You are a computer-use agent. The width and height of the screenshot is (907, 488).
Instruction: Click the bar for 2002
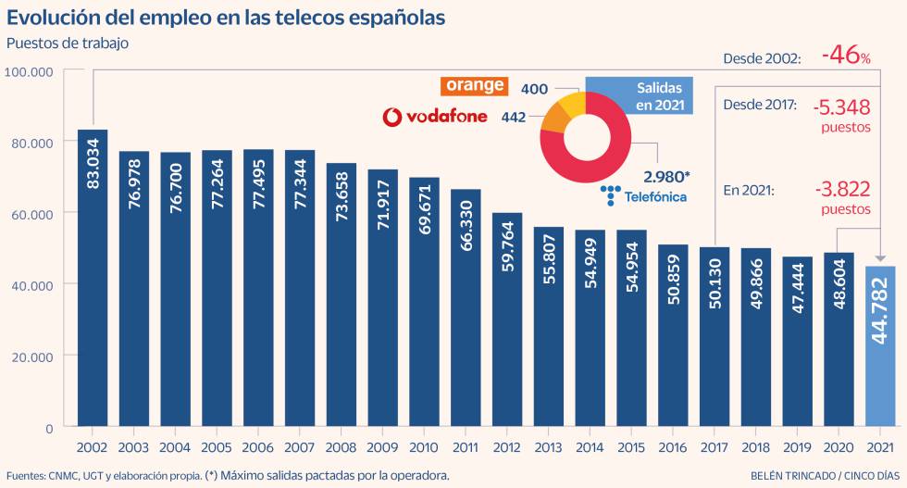click(93, 278)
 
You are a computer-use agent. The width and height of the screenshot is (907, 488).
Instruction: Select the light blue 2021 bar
click(880, 347)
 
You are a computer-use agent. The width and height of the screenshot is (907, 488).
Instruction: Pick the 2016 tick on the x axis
click(674, 446)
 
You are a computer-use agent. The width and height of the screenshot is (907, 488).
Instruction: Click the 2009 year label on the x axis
click(382, 446)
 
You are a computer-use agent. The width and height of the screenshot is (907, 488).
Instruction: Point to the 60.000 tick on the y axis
click(31, 214)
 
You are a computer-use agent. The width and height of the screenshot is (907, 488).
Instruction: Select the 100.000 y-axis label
click(31, 72)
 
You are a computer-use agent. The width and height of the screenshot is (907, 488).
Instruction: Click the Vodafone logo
click(435, 117)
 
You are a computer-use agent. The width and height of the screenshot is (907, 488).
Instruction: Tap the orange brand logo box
click(475, 85)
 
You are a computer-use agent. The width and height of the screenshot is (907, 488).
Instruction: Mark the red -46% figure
click(845, 56)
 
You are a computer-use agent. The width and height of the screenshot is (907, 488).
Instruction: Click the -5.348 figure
click(842, 108)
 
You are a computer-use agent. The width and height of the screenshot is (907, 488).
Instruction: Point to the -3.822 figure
click(842, 189)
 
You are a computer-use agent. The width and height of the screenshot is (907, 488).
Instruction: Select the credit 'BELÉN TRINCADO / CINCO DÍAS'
click(819, 475)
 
